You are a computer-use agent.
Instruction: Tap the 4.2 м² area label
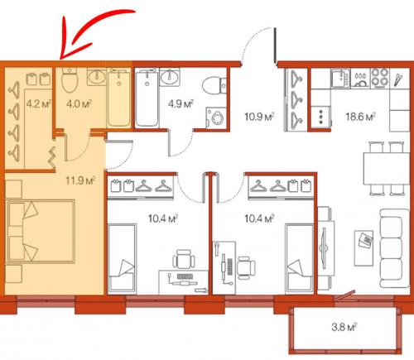tap(39, 104)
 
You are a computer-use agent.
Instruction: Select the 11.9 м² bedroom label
tap(80, 181)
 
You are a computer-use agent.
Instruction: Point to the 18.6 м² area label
tap(360, 117)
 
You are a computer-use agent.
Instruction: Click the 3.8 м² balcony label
tap(344, 327)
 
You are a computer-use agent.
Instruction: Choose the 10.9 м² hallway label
tap(259, 117)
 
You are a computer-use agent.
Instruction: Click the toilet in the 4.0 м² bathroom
tap(70, 79)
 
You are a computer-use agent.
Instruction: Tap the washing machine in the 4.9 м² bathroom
tap(216, 118)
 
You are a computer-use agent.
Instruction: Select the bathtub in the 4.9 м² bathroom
tap(147, 98)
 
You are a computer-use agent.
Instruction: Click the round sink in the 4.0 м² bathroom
tap(97, 76)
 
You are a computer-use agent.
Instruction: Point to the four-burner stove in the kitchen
tap(380, 78)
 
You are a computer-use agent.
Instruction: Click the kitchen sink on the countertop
tap(341, 78)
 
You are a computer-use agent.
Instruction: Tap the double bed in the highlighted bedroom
tap(41, 231)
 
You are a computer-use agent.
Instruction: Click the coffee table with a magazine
tap(364, 248)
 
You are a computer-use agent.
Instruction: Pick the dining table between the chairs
tap(386, 169)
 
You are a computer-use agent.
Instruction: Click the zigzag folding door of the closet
tap(52, 156)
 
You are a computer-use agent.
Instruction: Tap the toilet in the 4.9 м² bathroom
tap(214, 86)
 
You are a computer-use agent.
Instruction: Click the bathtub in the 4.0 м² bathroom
tap(119, 98)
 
